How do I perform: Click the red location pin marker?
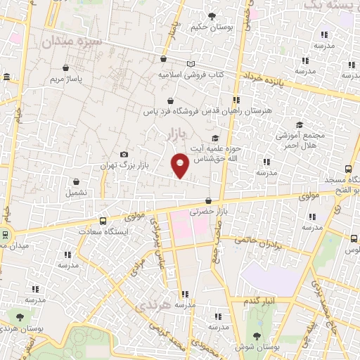(180, 165)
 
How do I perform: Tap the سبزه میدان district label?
(72, 41)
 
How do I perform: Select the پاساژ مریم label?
(65, 79)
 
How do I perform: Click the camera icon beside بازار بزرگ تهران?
(124, 155)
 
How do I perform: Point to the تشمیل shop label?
(77, 192)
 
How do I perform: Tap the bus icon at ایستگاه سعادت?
(103, 220)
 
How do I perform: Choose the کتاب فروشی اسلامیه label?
(190, 74)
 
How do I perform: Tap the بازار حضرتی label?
(208, 212)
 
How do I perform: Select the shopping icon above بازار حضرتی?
(208, 201)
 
